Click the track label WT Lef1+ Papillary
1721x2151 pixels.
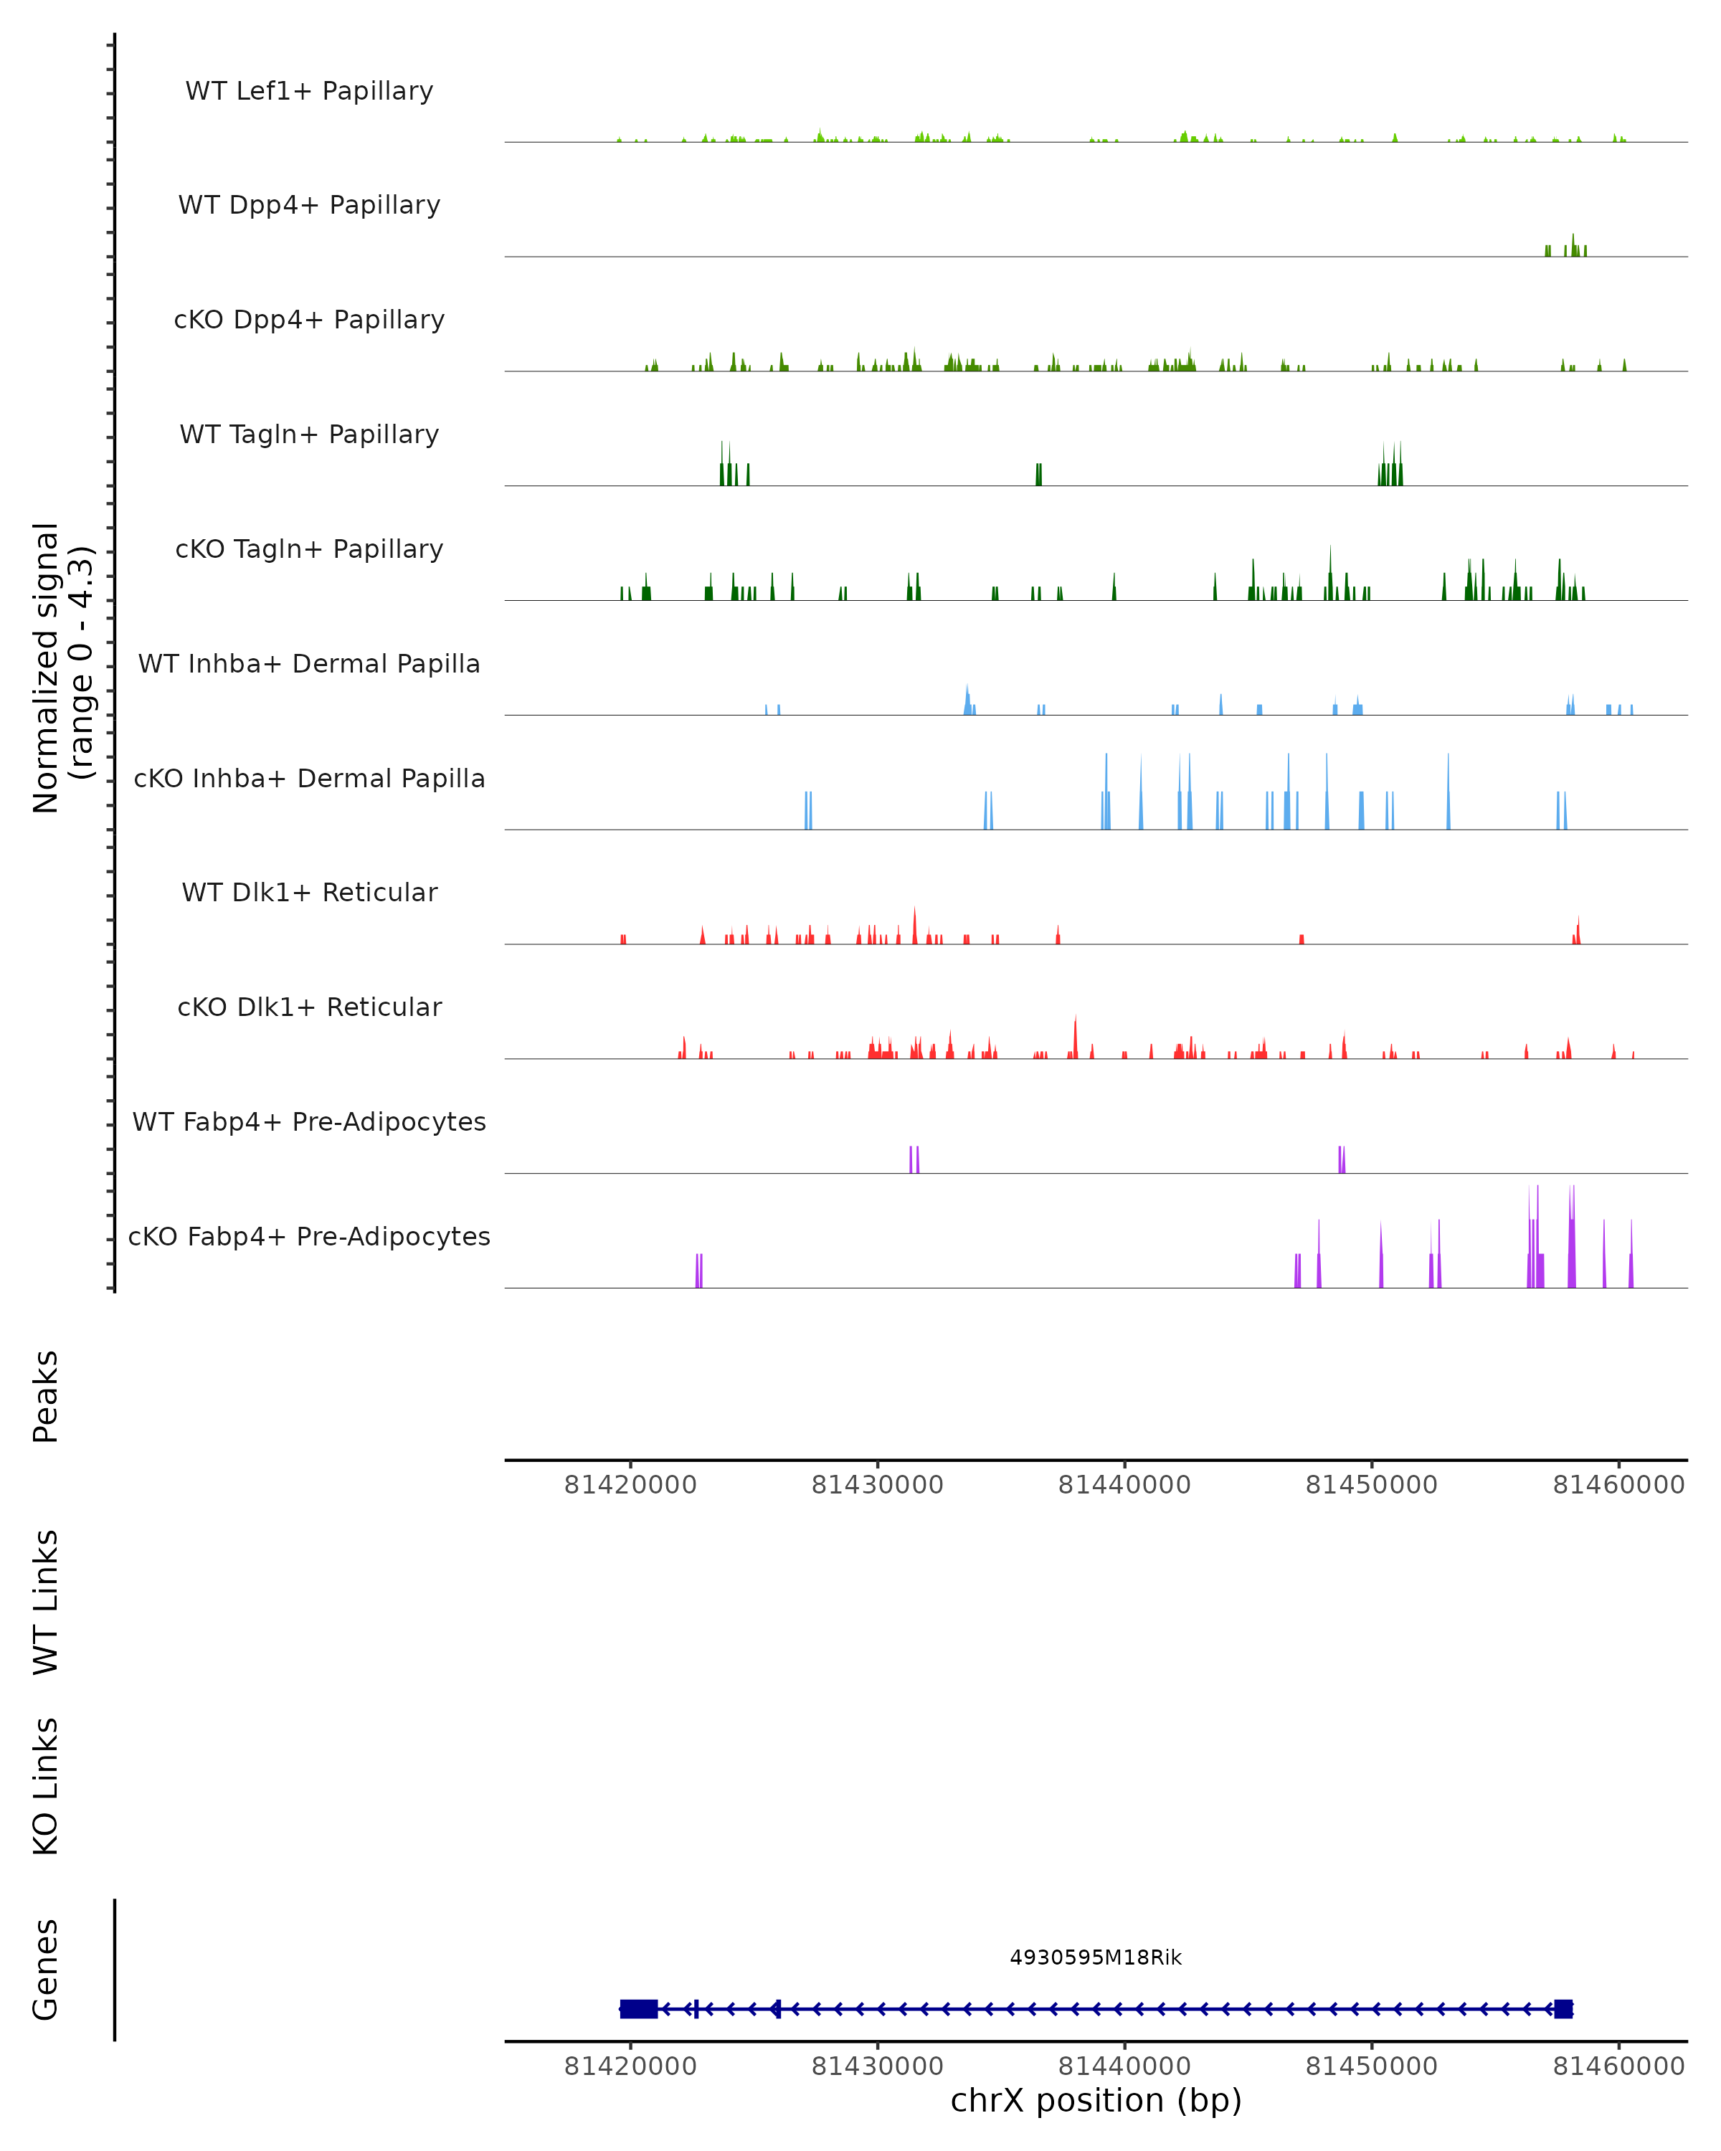coord(309,91)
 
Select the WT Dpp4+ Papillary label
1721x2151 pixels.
coord(309,206)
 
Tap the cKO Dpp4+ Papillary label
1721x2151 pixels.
coord(309,320)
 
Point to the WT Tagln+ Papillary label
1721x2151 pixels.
coord(309,435)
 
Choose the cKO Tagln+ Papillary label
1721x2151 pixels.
coord(309,550)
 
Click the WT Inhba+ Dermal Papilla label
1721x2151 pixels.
coord(309,665)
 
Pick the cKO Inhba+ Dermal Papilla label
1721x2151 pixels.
coord(309,779)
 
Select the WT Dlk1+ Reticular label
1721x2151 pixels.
coord(309,893)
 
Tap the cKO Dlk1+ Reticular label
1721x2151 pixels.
coord(309,1007)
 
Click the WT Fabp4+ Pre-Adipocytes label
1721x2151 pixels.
coord(309,1122)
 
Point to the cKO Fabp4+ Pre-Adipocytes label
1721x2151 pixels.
coord(309,1237)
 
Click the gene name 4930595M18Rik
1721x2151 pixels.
coord(1096,1958)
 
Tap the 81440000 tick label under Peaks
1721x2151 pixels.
coord(1124,1486)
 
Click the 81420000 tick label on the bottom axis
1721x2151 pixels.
coord(630,2066)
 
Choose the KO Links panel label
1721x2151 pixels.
coord(46,1787)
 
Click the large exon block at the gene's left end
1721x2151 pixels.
coord(638,2009)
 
